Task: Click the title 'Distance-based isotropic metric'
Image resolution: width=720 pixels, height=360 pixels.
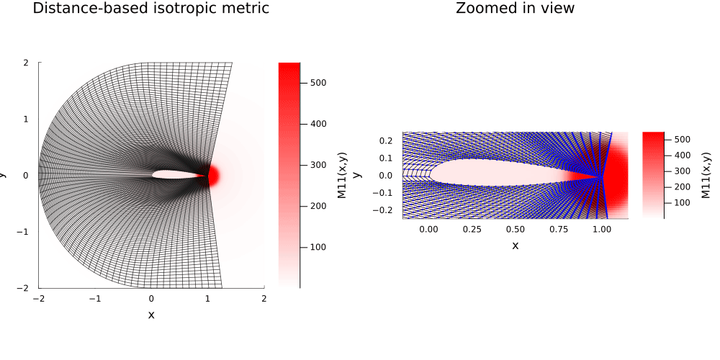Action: (x=151, y=9)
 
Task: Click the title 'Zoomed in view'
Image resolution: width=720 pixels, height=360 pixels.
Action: (x=515, y=9)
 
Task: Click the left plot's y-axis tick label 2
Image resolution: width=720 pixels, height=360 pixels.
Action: (x=26, y=63)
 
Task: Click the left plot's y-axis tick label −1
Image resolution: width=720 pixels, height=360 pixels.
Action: (x=24, y=231)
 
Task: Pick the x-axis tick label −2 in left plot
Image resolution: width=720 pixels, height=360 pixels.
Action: (x=38, y=298)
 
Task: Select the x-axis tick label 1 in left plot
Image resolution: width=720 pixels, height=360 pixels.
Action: (x=207, y=298)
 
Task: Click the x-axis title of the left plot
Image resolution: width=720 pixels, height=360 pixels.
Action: (x=151, y=315)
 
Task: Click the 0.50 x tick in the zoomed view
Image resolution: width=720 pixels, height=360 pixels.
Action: (x=515, y=229)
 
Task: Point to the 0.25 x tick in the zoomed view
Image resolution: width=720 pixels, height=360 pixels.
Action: (x=472, y=229)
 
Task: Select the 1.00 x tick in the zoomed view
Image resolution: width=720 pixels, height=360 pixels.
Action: (x=601, y=229)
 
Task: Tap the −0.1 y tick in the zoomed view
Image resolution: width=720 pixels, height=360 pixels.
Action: (x=385, y=192)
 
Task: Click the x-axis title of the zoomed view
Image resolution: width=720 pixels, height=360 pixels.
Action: (x=515, y=246)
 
